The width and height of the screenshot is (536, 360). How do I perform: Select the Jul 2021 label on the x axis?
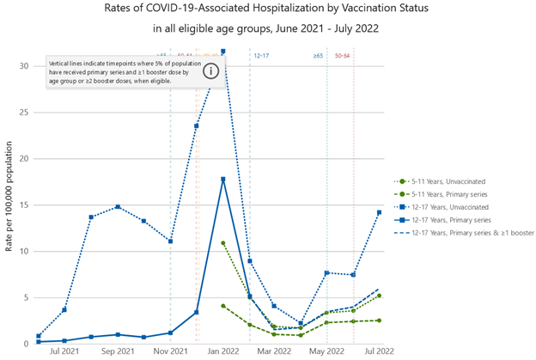64,351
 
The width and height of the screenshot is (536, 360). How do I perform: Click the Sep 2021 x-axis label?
118,351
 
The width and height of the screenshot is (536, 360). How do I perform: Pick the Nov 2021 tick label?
171,351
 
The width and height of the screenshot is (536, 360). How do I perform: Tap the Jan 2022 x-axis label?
223,351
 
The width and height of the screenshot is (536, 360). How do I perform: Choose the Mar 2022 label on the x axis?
276,351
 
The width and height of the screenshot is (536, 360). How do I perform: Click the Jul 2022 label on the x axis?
380,351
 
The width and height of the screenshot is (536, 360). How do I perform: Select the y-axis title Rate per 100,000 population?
8,205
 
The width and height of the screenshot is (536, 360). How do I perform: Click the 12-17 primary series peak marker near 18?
223,179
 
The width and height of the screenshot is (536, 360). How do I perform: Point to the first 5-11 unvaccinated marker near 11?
223,243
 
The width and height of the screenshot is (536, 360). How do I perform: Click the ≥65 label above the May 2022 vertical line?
319,56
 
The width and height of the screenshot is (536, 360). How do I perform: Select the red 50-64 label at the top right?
342,56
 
